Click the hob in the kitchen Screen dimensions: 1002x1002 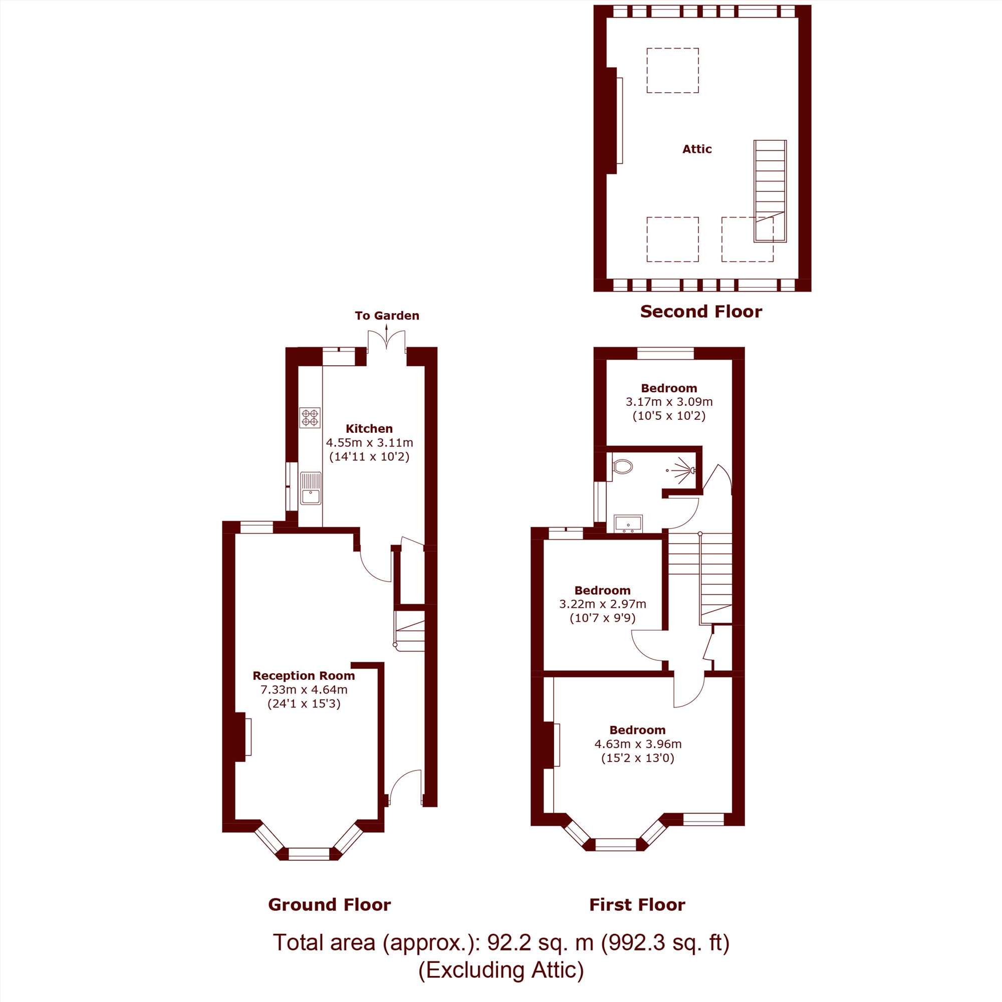click(310, 417)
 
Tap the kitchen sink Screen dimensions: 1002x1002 click(310, 487)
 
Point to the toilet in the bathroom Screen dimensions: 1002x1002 click(622, 467)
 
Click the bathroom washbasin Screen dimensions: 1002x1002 click(628, 524)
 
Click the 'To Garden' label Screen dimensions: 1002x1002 click(387, 316)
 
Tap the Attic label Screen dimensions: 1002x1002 click(697, 149)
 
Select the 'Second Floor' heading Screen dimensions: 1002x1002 click(701, 312)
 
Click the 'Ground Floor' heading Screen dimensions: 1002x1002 click(329, 905)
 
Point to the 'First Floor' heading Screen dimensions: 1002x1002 click(637, 905)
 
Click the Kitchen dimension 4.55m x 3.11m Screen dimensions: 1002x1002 click(369, 443)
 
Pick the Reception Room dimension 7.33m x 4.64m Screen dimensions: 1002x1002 click(304, 690)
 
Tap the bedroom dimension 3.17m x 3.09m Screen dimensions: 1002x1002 click(669, 402)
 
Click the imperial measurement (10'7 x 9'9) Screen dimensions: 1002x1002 click(603, 618)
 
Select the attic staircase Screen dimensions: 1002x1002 click(770, 191)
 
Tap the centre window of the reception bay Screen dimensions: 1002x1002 click(309, 854)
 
